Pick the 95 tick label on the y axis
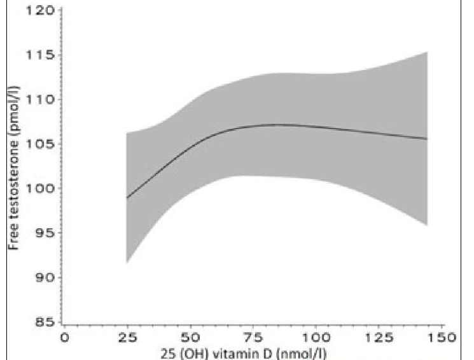click(x=41, y=233)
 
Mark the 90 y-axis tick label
click(x=41, y=278)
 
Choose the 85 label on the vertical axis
click(x=41, y=322)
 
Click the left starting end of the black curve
click(x=127, y=198)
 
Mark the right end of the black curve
click(x=427, y=139)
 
